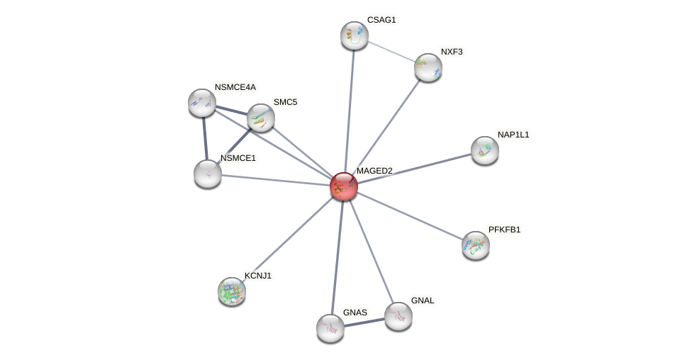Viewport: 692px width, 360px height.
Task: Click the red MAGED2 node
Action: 344,186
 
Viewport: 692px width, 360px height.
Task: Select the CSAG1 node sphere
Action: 354,35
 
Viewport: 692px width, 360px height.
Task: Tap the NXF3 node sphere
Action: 428,67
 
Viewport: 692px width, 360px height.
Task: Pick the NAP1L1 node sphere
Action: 485,150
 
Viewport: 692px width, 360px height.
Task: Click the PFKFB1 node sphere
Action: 475,245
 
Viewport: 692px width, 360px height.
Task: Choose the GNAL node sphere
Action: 398,316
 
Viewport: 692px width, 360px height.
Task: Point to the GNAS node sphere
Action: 330,328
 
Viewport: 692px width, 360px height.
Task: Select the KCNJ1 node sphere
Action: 232,291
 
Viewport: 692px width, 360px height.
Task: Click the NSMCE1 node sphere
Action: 208,174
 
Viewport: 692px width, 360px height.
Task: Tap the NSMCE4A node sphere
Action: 202,103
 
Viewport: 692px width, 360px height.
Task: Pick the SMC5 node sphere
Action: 261,118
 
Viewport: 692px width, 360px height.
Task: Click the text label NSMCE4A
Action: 235,87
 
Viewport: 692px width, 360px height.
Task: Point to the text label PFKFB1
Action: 504,230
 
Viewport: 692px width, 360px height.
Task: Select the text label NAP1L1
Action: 513,135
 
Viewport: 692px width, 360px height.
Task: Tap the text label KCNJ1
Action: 258,276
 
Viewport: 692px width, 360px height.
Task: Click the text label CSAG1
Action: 381,20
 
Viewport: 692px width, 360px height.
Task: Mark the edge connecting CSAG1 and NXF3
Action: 391,51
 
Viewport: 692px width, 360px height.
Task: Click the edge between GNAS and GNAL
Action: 364,322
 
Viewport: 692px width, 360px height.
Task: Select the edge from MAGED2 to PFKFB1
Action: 410,216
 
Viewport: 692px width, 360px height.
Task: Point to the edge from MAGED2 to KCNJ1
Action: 288,239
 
